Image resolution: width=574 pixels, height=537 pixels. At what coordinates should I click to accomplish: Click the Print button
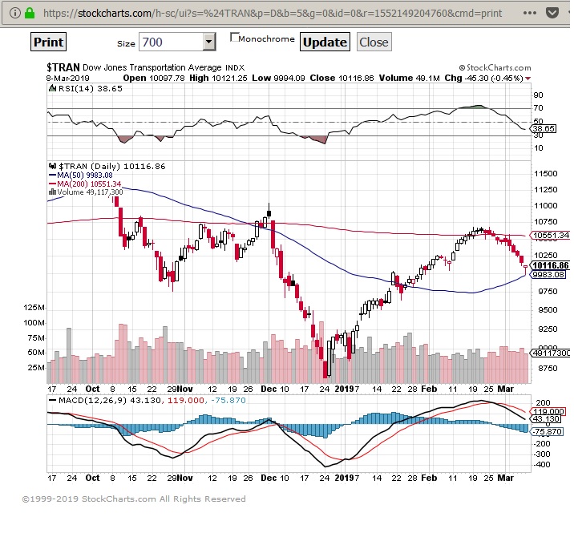click(49, 42)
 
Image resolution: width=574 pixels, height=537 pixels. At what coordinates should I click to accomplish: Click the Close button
click(373, 42)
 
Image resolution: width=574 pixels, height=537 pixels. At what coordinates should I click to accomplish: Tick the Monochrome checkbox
click(235, 37)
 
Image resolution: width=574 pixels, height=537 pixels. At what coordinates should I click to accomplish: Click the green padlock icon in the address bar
click(30, 13)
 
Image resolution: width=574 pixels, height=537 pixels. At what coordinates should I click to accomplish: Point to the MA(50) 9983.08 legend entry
click(85, 175)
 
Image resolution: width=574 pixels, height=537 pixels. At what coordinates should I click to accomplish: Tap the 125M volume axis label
click(34, 308)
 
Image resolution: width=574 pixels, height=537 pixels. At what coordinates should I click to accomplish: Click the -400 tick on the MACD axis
click(542, 464)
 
